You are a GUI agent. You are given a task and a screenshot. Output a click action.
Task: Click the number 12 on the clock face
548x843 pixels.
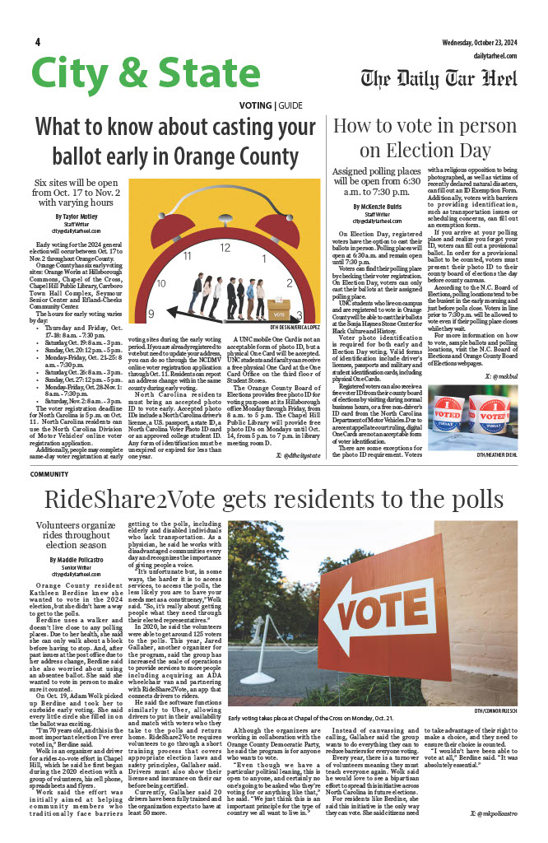tap(225, 246)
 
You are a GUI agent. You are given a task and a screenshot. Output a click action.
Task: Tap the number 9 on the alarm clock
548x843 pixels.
tap(151, 314)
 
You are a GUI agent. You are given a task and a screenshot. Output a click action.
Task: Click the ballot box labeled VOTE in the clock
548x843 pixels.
tap(279, 314)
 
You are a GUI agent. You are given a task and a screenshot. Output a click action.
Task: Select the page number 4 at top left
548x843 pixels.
tap(38, 42)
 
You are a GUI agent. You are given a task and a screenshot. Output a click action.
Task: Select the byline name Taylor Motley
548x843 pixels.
tap(83, 216)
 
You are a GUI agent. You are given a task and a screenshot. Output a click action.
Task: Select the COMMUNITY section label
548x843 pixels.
tap(49, 474)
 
